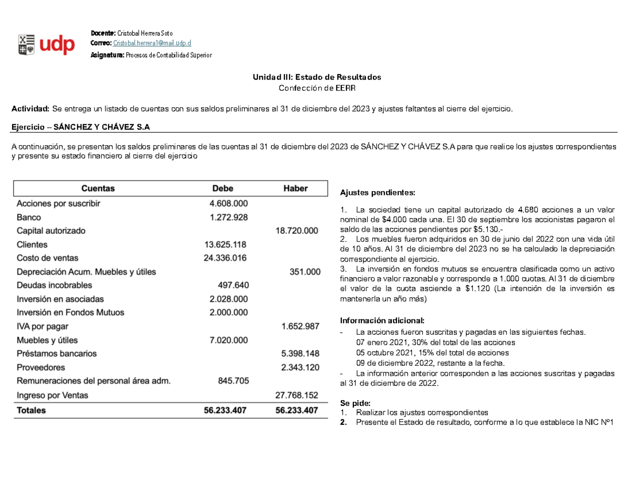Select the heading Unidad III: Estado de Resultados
tap(317, 77)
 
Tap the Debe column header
tap(222, 188)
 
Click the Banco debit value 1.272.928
tap(229, 217)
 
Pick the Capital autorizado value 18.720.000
tap(297, 231)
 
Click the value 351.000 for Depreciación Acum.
tap(304, 272)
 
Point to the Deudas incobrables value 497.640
tap(233, 285)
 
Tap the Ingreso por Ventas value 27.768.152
tap(297, 395)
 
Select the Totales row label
tap(31, 410)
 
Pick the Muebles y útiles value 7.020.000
tap(229, 340)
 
